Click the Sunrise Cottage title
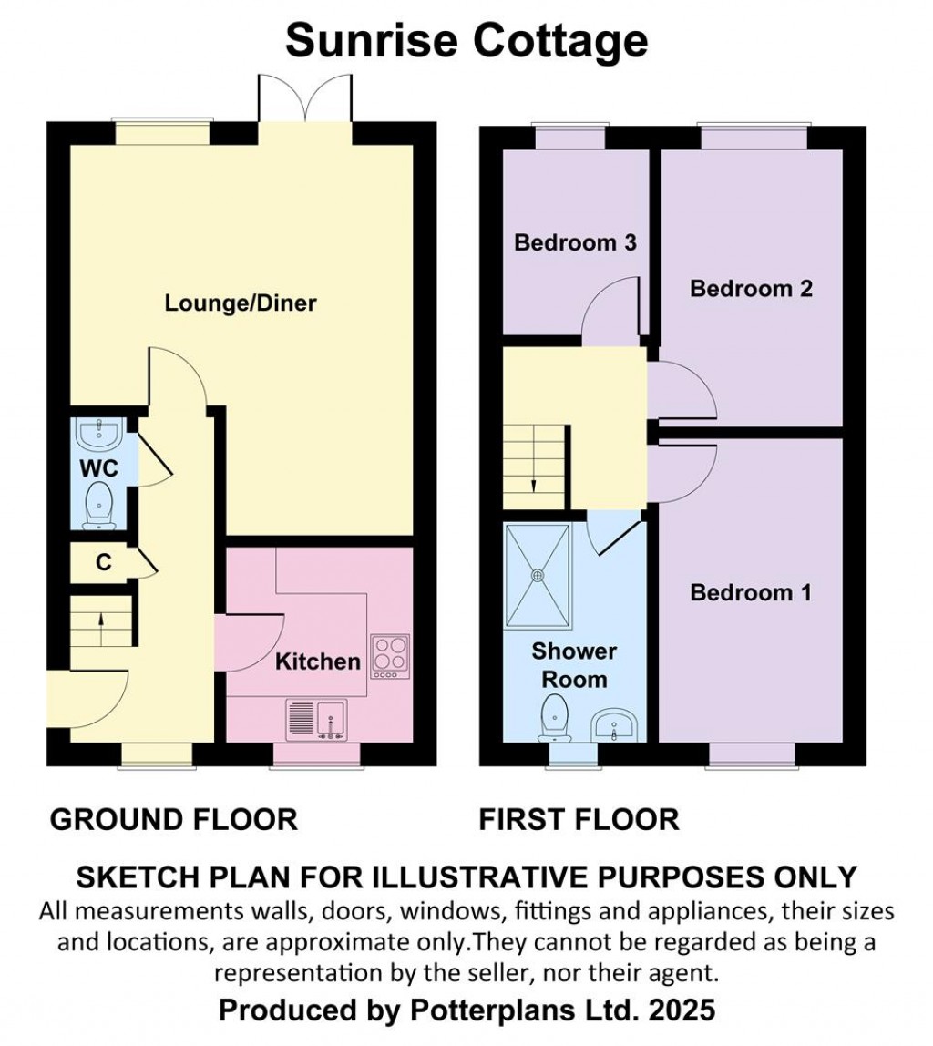[x=466, y=41]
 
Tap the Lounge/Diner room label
[x=241, y=303]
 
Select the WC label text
[x=98, y=468]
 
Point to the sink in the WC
[x=98, y=434]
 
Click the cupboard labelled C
[x=103, y=563]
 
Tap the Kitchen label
[x=317, y=661]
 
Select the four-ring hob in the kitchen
[x=391, y=658]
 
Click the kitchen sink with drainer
[x=316, y=720]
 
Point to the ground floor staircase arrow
[x=101, y=629]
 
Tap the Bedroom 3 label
[x=576, y=242]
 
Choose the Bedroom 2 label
[x=752, y=289]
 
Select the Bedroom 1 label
[x=751, y=592]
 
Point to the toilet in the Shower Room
[x=555, y=718]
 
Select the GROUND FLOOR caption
[x=173, y=820]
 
